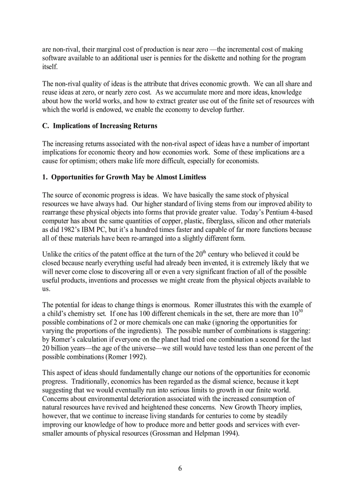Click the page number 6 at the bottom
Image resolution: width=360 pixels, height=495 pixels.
[x=180, y=468]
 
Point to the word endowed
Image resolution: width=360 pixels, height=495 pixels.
[x=108, y=110]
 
